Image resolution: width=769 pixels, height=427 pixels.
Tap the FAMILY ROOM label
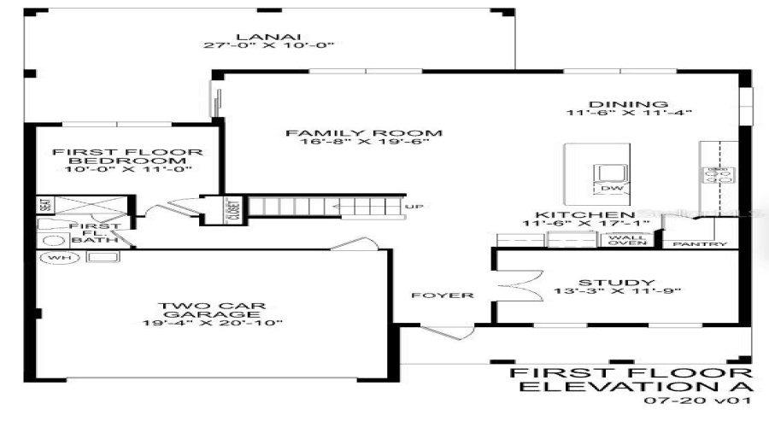pyautogui.click(x=364, y=133)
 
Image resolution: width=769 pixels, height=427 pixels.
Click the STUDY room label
pyautogui.click(x=603, y=283)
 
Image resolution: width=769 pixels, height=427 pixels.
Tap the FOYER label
pyautogui.click(x=442, y=295)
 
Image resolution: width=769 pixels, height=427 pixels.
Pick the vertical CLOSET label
pyautogui.click(x=232, y=210)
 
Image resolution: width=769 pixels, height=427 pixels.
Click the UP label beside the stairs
pyautogui.click(x=414, y=207)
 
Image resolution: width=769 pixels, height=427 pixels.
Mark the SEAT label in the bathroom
pyautogui.click(x=45, y=206)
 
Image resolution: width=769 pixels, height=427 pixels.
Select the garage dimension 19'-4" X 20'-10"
pyautogui.click(x=213, y=322)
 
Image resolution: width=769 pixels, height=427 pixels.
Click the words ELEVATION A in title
pyautogui.click(x=636, y=387)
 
